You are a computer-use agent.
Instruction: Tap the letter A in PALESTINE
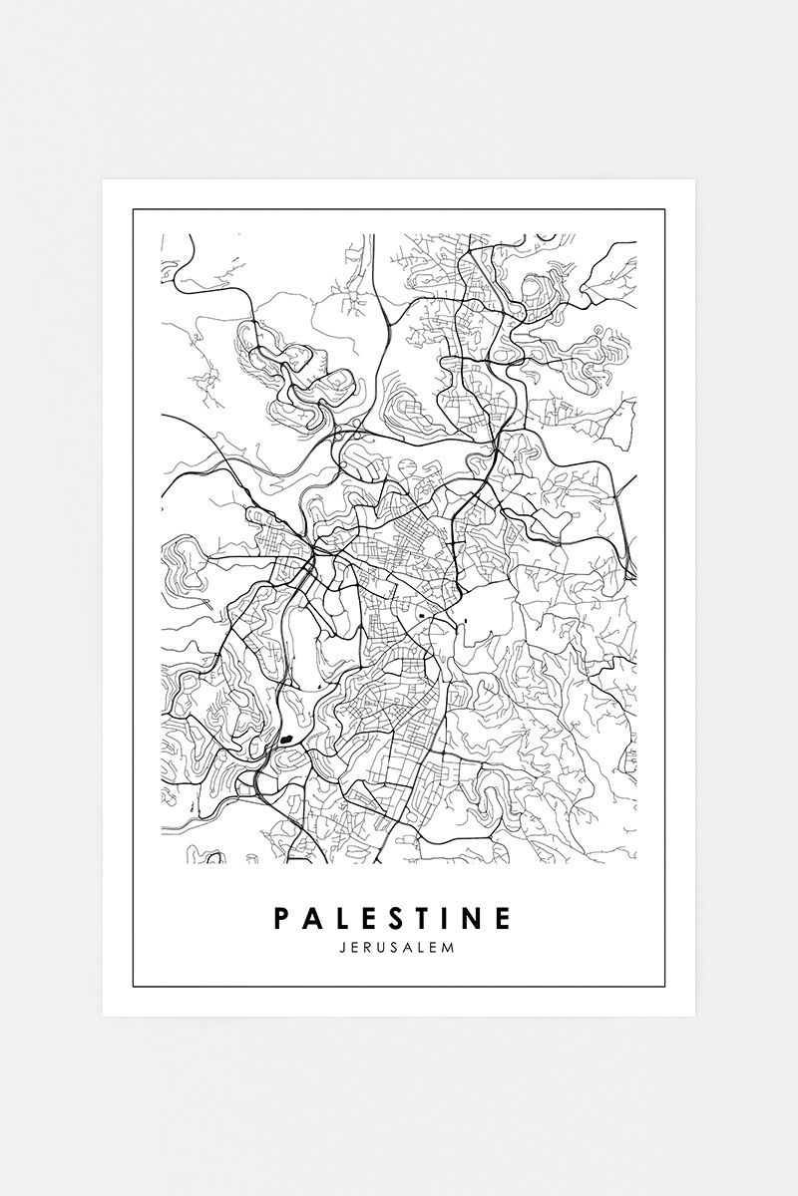point(313,916)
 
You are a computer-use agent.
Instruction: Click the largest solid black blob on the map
point(287,740)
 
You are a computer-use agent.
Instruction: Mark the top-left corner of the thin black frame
point(134,210)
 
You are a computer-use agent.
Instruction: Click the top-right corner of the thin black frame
point(664,210)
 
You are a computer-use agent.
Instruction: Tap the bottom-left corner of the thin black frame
point(134,986)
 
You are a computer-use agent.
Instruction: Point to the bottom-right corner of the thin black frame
point(664,986)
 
